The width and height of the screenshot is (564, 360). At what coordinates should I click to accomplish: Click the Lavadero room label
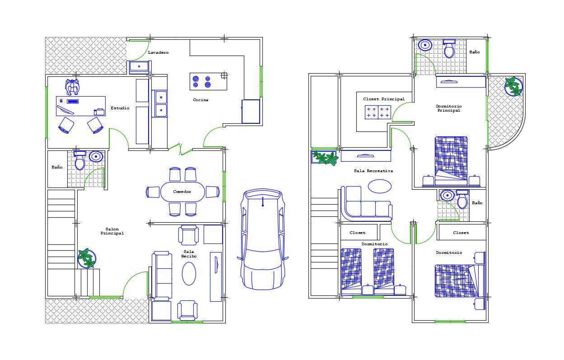tap(158, 53)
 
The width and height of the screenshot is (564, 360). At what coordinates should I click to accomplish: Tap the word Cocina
tap(200, 100)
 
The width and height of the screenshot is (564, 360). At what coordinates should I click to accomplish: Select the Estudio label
tap(120, 108)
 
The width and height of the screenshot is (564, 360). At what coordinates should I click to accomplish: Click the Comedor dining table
tap(182, 192)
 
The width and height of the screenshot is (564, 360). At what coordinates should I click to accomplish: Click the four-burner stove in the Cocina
tap(202, 81)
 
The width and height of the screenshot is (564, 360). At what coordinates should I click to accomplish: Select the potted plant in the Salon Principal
tap(86, 258)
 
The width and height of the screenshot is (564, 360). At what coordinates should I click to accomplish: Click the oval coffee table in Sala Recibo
tap(189, 274)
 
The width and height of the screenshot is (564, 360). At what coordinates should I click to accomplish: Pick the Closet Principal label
tap(384, 99)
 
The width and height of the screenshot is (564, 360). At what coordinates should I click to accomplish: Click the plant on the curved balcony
tap(513, 86)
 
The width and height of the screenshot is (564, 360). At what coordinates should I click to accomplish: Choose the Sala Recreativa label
tap(373, 171)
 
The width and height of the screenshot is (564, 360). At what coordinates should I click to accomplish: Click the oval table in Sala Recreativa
tap(380, 186)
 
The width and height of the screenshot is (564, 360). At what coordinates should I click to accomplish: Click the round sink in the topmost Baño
tap(425, 45)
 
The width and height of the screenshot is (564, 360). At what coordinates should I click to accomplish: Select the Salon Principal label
tap(112, 231)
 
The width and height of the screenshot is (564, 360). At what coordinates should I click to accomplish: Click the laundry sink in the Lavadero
tap(140, 67)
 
